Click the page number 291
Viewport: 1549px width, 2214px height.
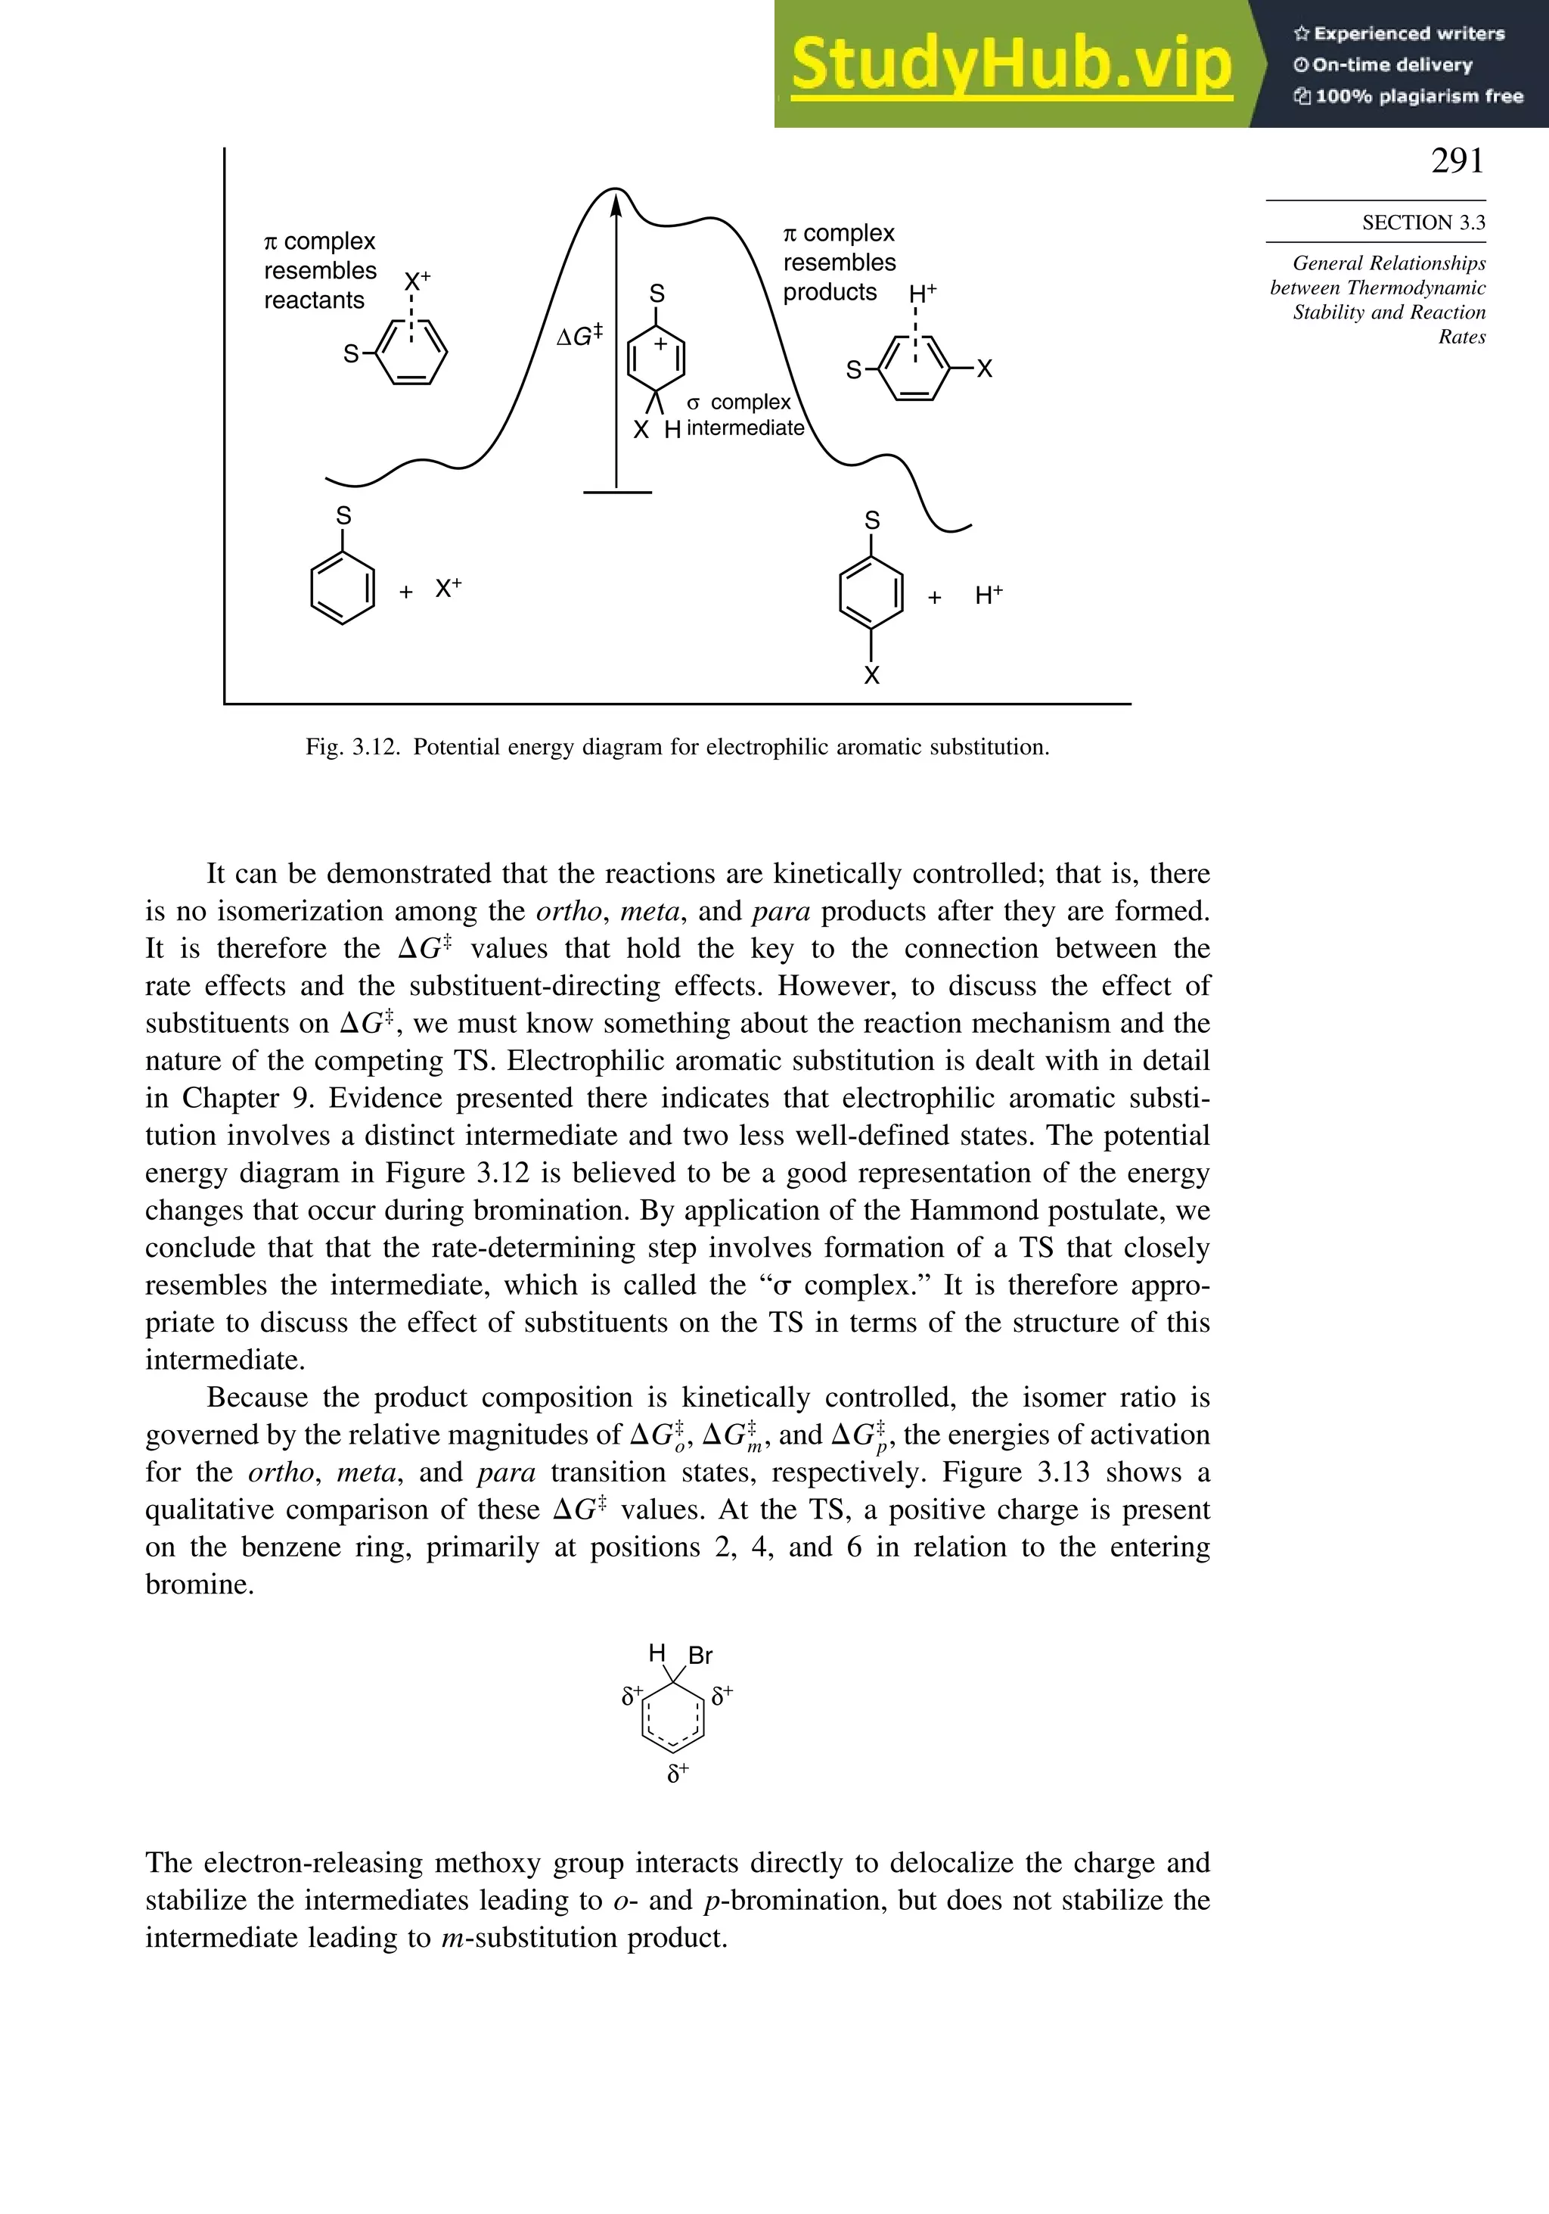click(1457, 161)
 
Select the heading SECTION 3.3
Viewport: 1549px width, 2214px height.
click(1423, 222)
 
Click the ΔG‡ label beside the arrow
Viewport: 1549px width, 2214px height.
click(579, 335)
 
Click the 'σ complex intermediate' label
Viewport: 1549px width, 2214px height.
click(744, 415)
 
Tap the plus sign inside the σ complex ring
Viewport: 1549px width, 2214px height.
click(660, 344)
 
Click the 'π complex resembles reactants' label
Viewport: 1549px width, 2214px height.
click(319, 270)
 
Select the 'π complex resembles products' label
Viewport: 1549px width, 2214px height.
click(839, 263)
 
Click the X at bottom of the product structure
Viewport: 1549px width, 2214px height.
click(871, 676)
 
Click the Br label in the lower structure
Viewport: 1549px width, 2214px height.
click(701, 1656)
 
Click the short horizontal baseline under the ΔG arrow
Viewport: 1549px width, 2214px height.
click(617, 493)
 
